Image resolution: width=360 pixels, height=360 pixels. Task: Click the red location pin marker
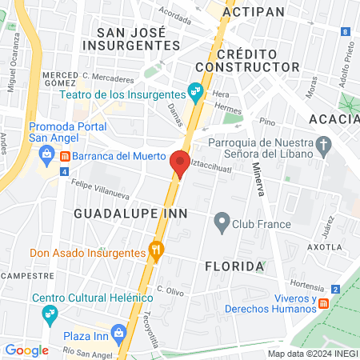tap(180, 163)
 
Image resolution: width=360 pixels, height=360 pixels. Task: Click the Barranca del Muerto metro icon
tap(65, 155)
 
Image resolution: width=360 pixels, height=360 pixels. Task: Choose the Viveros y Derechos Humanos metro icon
tap(324, 303)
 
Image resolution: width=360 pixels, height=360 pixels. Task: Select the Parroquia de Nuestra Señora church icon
tap(323, 145)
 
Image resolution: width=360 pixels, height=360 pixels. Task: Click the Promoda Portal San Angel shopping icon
tap(47, 154)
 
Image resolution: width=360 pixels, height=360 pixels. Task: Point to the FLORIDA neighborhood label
tap(234, 265)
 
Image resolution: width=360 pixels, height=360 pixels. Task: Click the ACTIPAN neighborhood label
tap(254, 13)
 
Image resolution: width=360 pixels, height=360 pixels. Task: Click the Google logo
tap(26, 350)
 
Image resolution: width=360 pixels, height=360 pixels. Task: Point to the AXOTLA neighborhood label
tap(325, 247)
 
